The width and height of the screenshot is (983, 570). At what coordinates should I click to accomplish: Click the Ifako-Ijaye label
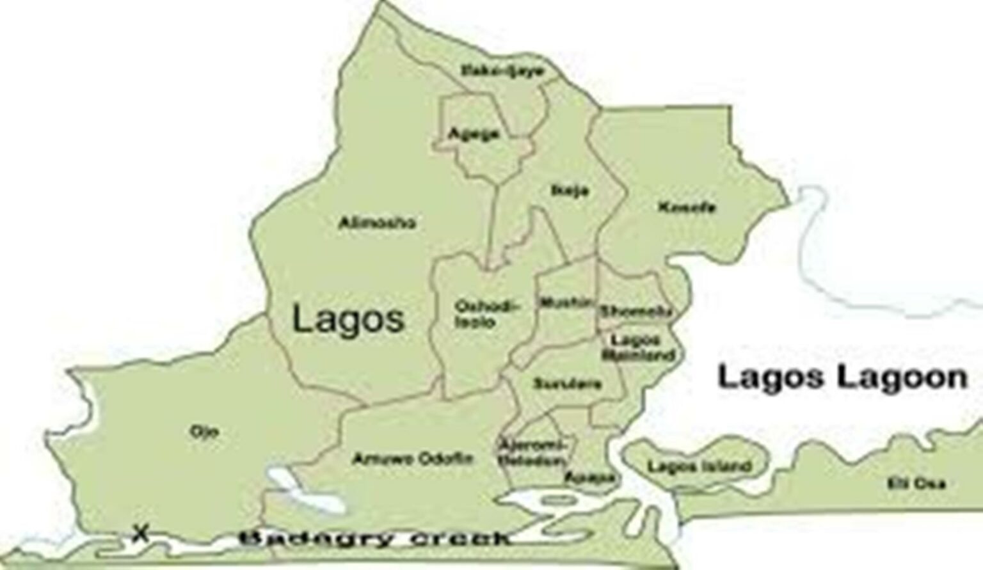[502, 71]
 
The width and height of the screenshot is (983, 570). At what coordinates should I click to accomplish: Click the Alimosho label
[377, 223]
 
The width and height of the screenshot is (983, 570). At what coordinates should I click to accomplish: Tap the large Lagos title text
[348, 319]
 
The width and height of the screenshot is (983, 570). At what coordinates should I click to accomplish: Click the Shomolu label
[635, 312]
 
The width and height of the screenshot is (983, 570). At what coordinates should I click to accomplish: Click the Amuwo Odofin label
[413, 458]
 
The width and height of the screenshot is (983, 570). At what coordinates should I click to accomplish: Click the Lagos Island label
[698, 466]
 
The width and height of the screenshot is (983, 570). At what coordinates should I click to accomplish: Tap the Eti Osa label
[916, 483]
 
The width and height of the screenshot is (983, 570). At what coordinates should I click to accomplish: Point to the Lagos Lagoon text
[842, 377]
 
